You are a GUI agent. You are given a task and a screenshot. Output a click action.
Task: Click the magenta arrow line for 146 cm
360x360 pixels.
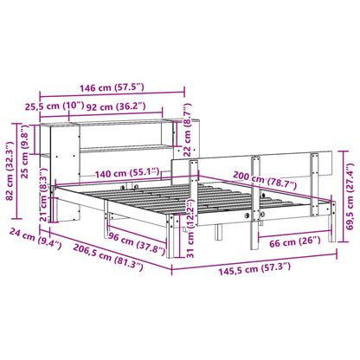113,97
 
